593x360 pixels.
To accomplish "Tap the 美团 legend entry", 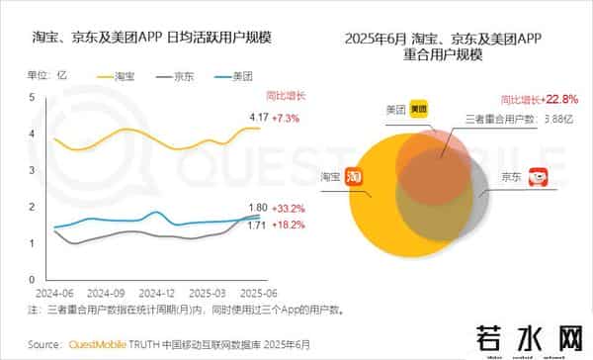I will point(236,75).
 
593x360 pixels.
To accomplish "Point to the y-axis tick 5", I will point(32,97).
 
